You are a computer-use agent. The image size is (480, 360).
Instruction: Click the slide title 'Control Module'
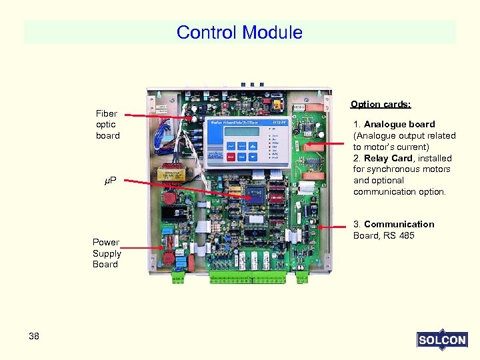(x=239, y=32)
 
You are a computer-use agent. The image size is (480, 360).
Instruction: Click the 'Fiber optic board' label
(x=107, y=125)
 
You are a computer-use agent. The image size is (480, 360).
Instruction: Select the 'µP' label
(x=111, y=181)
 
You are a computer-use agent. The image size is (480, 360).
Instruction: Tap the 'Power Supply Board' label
(x=107, y=253)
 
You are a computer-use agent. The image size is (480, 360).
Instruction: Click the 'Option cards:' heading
(x=381, y=105)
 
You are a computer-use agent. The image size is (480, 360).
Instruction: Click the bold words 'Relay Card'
(x=388, y=158)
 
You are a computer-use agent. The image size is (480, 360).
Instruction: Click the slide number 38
(x=34, y=336)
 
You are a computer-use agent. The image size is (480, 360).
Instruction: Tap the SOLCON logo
(x=441, y=340)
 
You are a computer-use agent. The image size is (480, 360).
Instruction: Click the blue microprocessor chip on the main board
(x=255, y=195)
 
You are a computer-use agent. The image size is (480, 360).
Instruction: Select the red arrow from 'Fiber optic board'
(x=160, y=116)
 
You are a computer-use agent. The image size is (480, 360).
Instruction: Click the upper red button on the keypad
(x=230, y=157)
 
